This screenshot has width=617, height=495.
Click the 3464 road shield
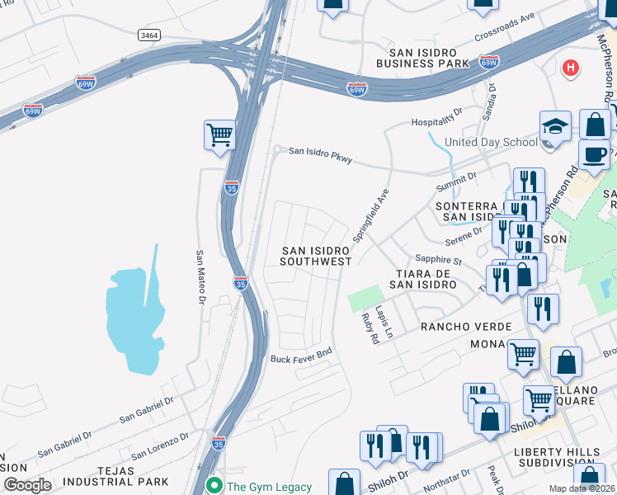pyautogui.click(x=149, y=35)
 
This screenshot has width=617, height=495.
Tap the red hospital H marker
pyautogui.click(x=569, y=68)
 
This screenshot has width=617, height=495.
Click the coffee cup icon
pyautogui.click(x=594, y=153)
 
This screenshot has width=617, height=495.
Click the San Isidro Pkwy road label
pyautogui.click(x=320, y=154)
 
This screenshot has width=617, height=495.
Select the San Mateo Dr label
pyautogui.click(x=200, y=277)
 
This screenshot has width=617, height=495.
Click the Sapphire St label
pyautogui.click(x=438, y=259)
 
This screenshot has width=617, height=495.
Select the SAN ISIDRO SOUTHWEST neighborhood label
pyautogui.click(x=316, y=256)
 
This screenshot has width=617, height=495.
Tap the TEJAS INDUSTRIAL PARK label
pyautogui.click(x=116, y=474)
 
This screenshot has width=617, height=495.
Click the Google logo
pyautogui.click(x=26, y=485)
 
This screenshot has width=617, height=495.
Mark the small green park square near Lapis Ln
pyautogui.click(x=366, y=298)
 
